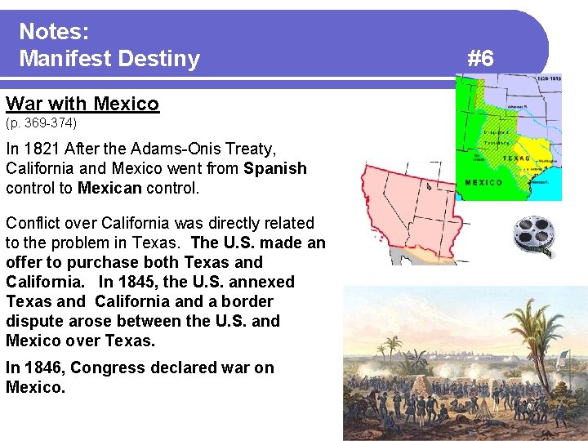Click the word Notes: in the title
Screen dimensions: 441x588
[54, 32]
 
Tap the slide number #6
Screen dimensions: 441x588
[480, 58]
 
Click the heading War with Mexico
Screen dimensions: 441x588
[82, 104]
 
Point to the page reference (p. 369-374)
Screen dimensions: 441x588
[41, 123]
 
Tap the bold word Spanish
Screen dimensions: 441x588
[274, 169]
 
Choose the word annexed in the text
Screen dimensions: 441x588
[261, 282]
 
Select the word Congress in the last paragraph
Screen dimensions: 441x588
[104, 367]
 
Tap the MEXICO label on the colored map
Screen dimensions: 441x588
[483, 182]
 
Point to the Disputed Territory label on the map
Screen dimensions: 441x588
[497, 136]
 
